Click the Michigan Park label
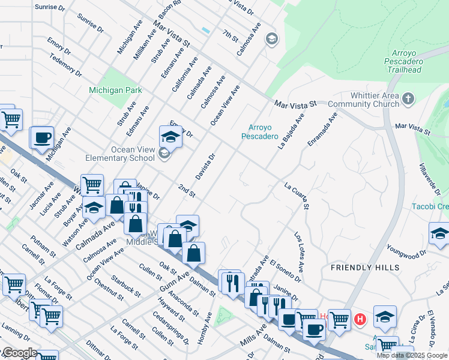click(115, 90)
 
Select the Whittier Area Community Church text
click(366, 100)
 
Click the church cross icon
click(408, 98)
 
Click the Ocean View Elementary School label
click(125, 154)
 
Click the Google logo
click(19, 353)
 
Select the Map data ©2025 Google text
click(412, 356)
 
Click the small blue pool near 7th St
click(206, 30)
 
